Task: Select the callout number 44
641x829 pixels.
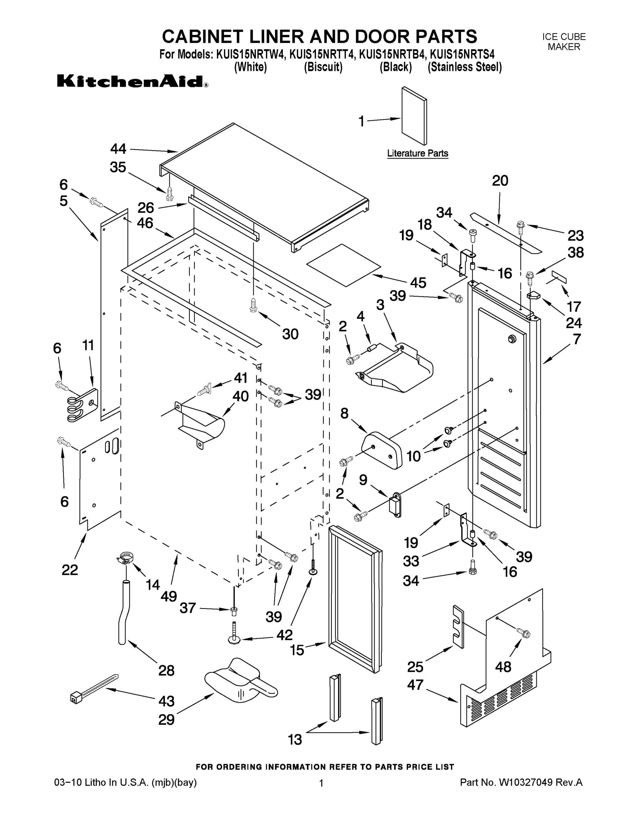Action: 118,149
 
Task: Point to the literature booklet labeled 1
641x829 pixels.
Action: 414,116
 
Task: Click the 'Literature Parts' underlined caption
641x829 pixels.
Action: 417,153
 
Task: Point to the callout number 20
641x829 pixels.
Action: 500,181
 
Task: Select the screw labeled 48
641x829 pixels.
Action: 523,633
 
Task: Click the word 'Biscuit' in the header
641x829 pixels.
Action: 323,67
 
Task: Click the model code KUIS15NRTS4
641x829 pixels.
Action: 461,55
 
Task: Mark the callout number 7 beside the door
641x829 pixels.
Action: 576,339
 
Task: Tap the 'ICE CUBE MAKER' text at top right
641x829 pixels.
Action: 564,42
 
